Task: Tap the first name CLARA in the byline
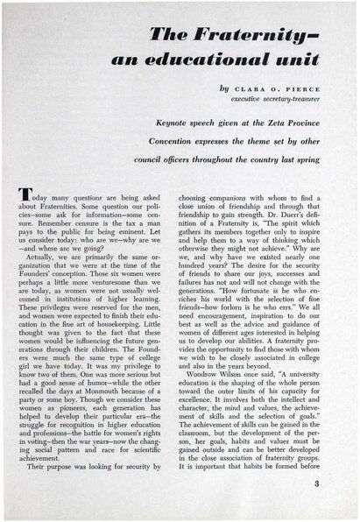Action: pos(244,88)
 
